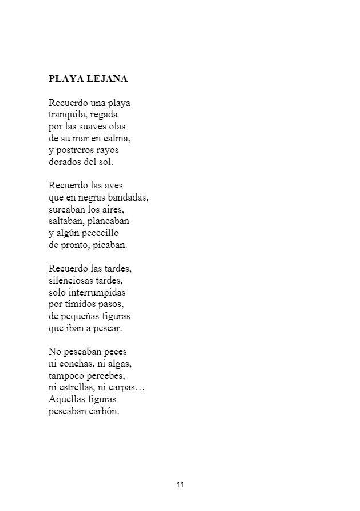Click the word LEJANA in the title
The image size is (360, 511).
[x=108, y=79]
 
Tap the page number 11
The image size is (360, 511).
[x=180, y=485]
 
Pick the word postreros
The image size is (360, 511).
[x=76, y=151]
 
